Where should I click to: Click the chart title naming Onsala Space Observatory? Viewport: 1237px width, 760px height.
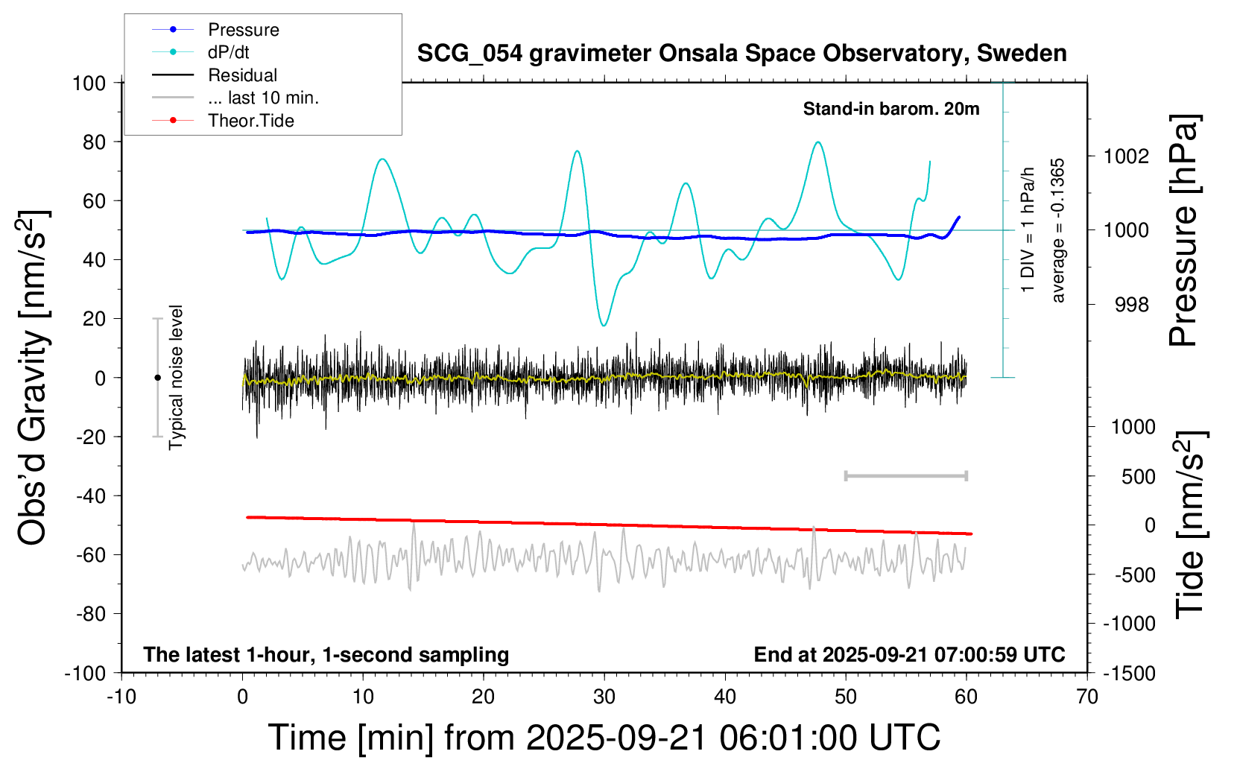(741, 54)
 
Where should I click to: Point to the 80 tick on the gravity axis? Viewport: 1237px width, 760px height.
(94, 142)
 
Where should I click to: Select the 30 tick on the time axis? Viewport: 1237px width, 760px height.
(604, 697)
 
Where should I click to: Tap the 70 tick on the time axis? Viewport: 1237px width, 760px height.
(1087, 697)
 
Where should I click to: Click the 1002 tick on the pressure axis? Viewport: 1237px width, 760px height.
(1127, 156)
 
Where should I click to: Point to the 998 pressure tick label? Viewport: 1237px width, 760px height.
(1132, 305)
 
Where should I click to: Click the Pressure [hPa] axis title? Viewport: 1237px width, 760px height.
(1184, 231)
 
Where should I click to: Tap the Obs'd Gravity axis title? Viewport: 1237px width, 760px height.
(34, 378)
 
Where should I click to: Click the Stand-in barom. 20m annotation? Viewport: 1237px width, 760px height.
(890, 110)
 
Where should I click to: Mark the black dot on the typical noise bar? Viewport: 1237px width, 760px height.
(157, 378)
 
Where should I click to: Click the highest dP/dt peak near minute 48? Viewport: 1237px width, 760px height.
(819, 142)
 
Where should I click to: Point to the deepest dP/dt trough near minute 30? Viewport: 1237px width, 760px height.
(604, 325)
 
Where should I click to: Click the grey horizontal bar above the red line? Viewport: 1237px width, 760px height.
(905, 475)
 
